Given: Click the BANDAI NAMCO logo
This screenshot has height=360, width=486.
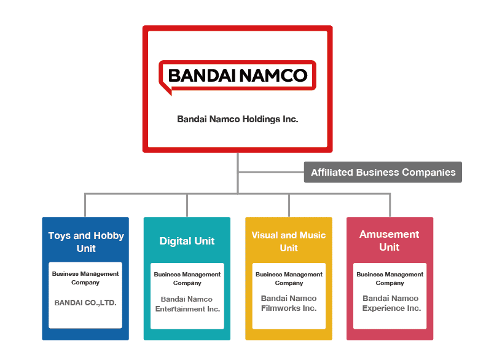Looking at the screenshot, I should tap(237, 76).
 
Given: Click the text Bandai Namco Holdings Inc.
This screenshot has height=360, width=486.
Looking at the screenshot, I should tap(237, 119).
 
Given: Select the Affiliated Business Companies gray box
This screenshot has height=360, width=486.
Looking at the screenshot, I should tap(383, 173).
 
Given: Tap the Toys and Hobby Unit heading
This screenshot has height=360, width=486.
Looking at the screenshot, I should tap(86, 242).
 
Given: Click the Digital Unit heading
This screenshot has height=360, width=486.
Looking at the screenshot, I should tap(187, 241).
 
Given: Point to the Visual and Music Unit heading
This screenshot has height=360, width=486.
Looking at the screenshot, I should tap(289, 241).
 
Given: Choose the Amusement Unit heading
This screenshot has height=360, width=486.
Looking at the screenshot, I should tap(390, 241).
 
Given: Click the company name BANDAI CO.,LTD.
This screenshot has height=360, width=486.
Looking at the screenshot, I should tap(85, 303).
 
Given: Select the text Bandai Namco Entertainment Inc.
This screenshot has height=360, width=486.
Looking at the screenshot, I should tap(187, 304).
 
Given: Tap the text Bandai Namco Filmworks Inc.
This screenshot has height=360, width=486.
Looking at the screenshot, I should tap(289, 303).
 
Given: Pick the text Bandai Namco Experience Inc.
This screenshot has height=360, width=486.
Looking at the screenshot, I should tap(391, 303).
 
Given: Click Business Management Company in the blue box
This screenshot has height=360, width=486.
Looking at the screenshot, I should tap(85, 278).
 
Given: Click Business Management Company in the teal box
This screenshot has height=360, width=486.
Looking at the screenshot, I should tap(187, 279).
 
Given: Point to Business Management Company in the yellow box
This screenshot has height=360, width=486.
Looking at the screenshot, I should tap(289, 279).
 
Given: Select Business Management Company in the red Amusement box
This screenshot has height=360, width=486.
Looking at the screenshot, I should tap(390, 278).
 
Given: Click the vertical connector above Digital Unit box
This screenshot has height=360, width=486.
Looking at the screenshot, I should tap(187, 205).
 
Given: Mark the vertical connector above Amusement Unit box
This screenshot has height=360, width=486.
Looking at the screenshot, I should tap(390, 205).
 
